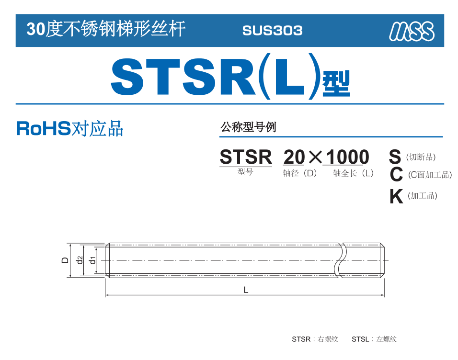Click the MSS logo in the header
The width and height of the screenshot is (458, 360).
click(412, 31)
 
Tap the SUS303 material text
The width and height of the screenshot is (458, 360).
click(272, 31)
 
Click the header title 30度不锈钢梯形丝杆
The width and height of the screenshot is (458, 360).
click(106, 29)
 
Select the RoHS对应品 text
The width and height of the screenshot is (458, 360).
click(70, 128)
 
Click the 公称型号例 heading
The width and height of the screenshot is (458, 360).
click(248, 127)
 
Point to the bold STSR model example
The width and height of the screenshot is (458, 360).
click(246, 157)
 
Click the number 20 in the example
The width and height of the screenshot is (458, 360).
click(294, 157)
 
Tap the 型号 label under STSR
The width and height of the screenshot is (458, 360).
click(245, 172)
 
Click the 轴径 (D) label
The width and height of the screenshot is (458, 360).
click(300, 173)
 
